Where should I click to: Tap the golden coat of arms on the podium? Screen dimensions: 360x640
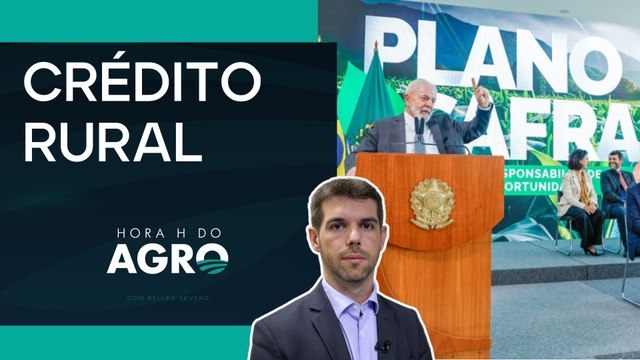(x=432, y=203)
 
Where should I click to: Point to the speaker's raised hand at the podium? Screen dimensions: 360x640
(x=482, y=95)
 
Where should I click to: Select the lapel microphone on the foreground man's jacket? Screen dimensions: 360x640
(x=382, y=347)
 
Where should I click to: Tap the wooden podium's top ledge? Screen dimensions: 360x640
(x=429, y=159)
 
